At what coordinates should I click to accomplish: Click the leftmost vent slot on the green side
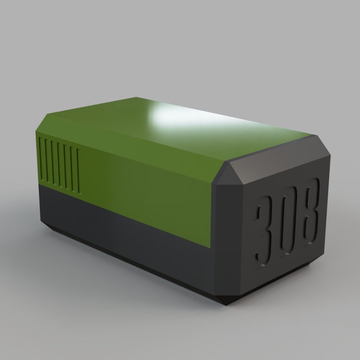[x=41, y=158]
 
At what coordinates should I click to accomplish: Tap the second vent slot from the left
[x=47, y=160]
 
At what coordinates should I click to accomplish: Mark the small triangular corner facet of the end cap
[x=227, y=174]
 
